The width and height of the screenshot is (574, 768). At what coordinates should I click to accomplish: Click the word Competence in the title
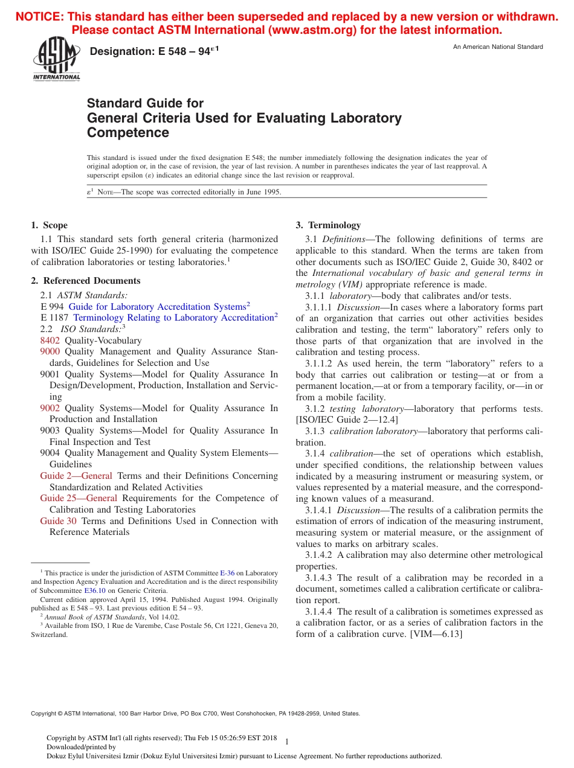click(128, 133)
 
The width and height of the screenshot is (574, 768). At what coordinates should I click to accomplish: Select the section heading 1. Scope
click(49, 225)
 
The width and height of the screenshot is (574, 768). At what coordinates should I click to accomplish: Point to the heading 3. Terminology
click(327, 225)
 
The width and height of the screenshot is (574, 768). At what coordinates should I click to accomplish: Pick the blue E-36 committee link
click(227, 573)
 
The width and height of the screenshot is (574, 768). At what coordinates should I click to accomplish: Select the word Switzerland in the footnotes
click(48, 635)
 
